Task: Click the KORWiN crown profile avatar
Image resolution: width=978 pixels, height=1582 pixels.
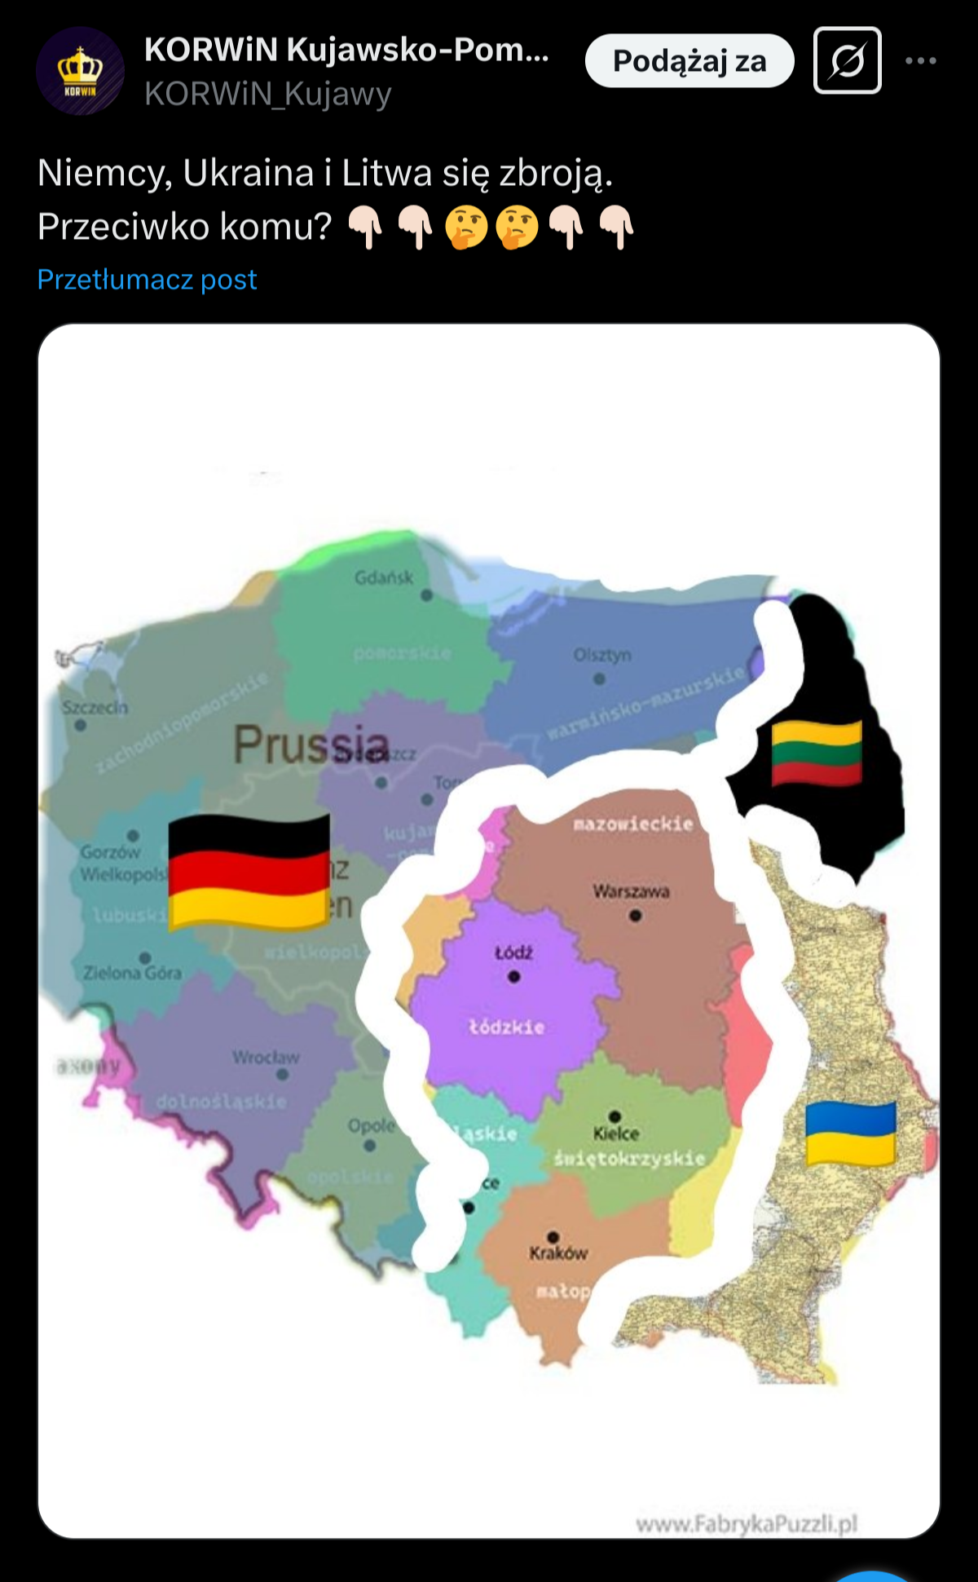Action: [x=80, y=71]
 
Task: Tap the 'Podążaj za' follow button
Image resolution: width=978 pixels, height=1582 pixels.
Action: [x=689, y=61]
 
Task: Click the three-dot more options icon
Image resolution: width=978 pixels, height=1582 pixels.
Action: [x=920, y=61]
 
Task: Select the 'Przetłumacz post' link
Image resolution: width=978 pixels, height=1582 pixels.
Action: [x=148, y=280]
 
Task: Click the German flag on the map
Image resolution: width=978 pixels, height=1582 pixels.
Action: [x=249, y=871]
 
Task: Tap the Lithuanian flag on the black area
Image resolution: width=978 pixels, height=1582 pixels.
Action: [x=817, y=752]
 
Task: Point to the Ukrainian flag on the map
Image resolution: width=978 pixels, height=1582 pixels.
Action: [x=850, y=1133]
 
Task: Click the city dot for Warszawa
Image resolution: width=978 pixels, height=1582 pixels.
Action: [x=635, y=916]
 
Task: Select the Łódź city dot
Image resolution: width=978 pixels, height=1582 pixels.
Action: [x=513, y=976]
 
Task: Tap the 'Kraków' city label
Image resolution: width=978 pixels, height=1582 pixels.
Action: [x=558, y=1253]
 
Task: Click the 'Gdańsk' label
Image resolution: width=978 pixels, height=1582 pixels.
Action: [x=384, y=578]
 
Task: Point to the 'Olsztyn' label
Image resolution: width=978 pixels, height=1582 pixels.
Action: [x=601, y=656]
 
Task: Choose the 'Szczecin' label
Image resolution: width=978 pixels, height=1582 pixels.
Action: [x=95, y=707]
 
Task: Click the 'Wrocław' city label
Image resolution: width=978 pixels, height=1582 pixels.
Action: [x=266, y=1058]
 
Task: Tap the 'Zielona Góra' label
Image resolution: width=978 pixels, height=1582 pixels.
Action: [x=132, y=973]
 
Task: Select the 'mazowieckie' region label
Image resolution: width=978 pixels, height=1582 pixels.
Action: [x=633, y=824]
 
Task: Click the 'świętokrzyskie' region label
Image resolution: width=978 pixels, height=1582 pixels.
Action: [x=629, y=1158]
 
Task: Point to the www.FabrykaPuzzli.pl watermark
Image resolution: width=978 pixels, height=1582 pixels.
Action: [x=747, y=1524]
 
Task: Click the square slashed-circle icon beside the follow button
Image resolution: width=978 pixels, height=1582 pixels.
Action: [x=847, y=61]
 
